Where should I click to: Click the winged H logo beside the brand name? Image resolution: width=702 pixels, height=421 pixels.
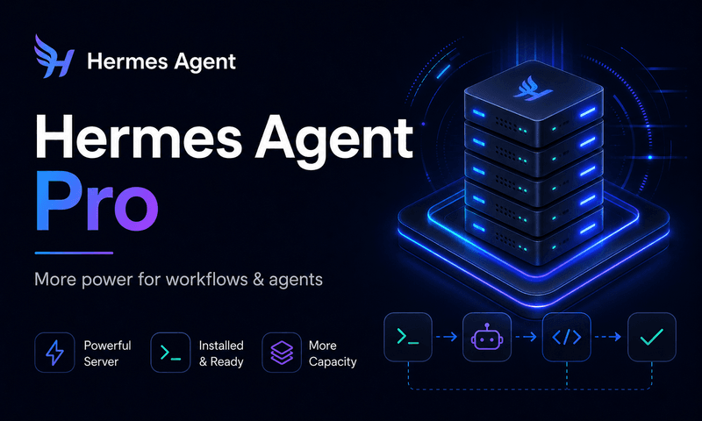(54, 57)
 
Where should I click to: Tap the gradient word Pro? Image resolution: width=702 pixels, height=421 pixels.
(97, 202)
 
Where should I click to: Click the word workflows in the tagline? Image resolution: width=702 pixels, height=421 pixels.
(207, 279)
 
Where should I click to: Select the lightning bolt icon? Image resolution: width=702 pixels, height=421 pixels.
(54, 353)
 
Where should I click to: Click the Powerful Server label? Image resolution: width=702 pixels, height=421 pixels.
(107, 353)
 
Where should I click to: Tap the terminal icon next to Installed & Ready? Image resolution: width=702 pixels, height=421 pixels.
(170, 353)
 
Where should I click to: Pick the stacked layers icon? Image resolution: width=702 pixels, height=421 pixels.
(282, 353)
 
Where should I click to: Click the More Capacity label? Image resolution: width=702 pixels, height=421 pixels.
(333, 353)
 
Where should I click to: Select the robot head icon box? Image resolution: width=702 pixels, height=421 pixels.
(487, 337)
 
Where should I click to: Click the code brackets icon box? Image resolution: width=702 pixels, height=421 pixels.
(566, 337)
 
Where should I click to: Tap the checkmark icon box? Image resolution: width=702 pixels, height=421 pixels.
(651, 337)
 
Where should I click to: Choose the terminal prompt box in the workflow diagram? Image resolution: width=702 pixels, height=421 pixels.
(408, 337)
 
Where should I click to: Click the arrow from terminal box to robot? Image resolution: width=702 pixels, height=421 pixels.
(447, 337)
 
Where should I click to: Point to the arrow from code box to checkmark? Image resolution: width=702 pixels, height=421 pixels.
(608, 337)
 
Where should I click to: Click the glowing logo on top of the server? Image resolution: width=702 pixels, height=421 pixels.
(533, 89)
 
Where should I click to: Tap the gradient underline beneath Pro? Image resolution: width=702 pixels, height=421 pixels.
(74, 253)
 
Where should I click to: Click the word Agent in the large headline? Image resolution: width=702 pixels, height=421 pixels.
(334, 139)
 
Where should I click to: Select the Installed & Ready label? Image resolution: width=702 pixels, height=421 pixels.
(221, 353)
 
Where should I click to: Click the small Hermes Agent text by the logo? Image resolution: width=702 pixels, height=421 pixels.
(161, 61)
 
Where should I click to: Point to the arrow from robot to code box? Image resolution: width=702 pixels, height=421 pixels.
(526, 337)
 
